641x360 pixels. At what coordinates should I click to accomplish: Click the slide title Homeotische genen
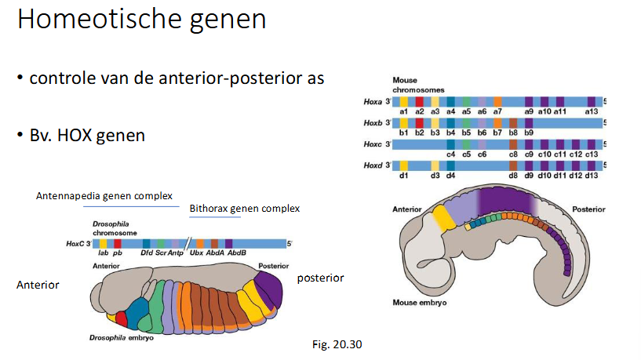141,19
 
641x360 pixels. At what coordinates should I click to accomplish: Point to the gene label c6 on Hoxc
482,155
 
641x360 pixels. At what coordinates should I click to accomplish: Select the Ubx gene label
198,253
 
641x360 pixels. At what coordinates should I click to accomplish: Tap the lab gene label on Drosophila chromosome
103,253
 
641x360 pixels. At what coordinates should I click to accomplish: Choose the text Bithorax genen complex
244,209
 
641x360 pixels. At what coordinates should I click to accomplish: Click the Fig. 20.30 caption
337,344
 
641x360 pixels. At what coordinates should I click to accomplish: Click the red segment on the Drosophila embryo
121,318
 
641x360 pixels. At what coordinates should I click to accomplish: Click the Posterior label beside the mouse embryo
588,210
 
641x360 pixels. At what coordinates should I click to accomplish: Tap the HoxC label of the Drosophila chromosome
76,244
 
